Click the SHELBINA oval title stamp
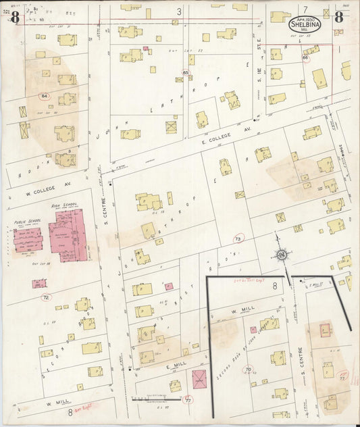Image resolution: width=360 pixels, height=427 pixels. pos(305,24)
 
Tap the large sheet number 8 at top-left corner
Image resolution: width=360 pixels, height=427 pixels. pos(15,18)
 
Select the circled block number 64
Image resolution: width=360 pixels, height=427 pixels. pos(45,97)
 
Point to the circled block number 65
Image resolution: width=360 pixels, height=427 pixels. pos(185,72)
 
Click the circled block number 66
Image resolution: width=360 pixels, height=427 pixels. pos(305,59)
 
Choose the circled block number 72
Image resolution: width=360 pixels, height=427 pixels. pos(45,297)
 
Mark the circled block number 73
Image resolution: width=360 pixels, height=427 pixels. pos(238,239)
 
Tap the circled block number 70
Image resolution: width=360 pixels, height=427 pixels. pos(248,370)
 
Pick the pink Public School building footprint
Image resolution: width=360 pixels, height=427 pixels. pos(28,240)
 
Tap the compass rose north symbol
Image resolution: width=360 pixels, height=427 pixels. pos(282,255)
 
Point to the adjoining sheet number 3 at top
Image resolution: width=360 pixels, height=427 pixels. pos(180,11)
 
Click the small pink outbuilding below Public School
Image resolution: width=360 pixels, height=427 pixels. pos(40,284)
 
